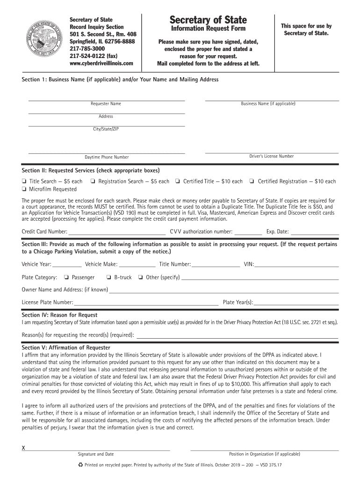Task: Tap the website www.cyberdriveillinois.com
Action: pyautogui.click(x=101, y=63)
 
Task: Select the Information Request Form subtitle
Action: pyautogui.click(x=208, y=29)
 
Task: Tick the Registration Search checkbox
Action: pyautogui.click(x=93, y=181)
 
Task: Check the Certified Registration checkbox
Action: pyautogui.click(x=252, y=181)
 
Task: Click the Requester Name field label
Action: pyautogui.click(x=106, y=104)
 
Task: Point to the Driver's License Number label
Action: pyautogui.click(x=271, y=156)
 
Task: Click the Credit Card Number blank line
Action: pyautogui.click(x=117, y=232)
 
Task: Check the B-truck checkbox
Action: pyautogui.click(x=109, y=277)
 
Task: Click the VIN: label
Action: pyautogui.click(x=249, y=264)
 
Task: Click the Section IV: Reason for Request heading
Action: pyautogui.click(x=59, y=315)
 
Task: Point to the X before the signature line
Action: pyautogui.click(x=23, y=448)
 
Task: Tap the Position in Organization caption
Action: pyautogui.click(x=264, y=454)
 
